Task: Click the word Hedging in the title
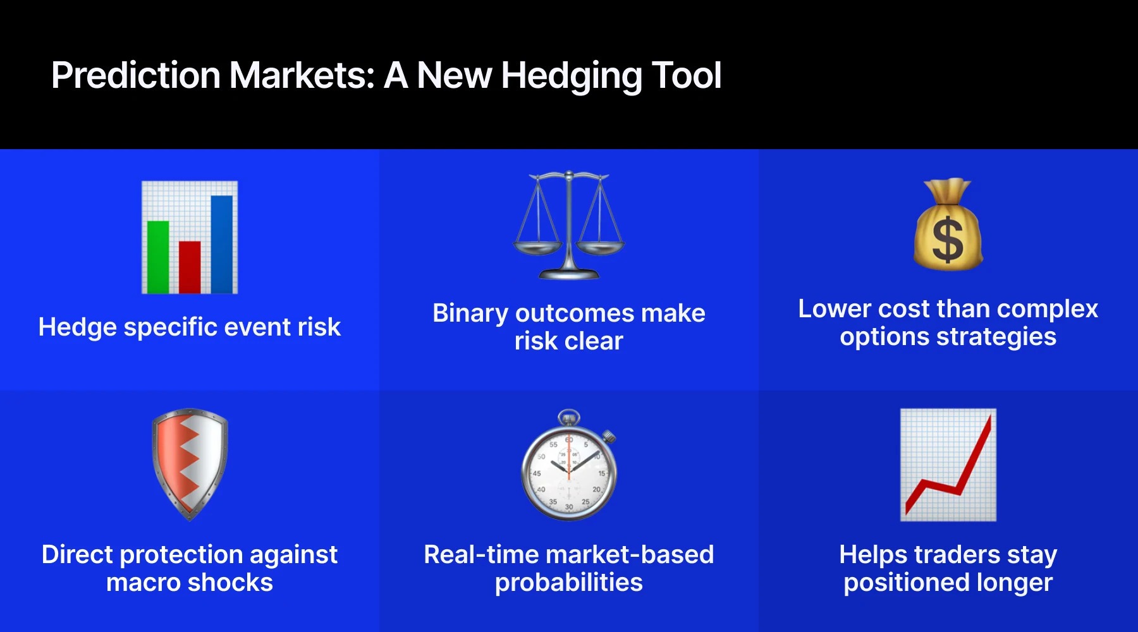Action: tap(572, 76)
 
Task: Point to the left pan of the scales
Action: tap(537, 246)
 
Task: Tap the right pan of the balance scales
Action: tap(600, 246)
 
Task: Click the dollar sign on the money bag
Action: tap(948, 240)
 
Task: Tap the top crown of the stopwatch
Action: tap(569, 418)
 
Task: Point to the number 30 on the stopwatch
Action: tap(569, 506)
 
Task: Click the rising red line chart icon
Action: tap(948, 465)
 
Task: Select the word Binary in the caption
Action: tap(470, 313)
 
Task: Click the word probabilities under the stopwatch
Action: tap(568, 583)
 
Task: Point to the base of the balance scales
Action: tap(568, 274)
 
